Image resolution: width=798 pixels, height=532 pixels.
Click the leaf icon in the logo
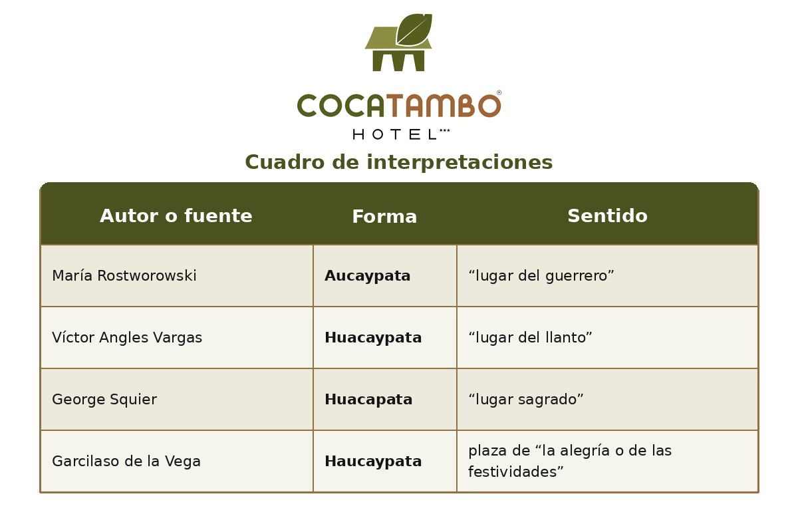414,30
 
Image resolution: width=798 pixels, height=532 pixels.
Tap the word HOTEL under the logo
394,134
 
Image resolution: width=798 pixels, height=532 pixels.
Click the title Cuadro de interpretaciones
399,163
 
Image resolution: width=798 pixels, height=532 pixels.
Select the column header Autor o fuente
176,217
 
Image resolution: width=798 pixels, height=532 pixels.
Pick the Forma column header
384,217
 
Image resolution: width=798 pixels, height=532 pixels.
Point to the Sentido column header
607,217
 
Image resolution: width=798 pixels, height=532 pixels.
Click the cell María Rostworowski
124,276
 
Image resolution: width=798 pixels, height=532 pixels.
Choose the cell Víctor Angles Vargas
127,338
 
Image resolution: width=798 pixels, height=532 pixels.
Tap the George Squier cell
104,400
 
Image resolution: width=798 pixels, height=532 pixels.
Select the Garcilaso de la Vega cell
126,462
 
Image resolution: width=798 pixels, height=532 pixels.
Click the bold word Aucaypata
368,276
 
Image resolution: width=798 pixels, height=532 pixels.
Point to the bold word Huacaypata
373,338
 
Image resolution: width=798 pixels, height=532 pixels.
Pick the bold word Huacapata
368,400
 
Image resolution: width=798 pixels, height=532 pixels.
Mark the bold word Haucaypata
373,462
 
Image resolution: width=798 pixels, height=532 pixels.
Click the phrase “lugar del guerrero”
541,276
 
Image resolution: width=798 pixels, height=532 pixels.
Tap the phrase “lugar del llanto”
530,338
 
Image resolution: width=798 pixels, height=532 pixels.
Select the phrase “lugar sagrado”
526,400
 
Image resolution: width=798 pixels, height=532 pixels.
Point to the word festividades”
516,472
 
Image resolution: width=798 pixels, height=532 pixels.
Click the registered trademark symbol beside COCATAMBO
499,93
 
